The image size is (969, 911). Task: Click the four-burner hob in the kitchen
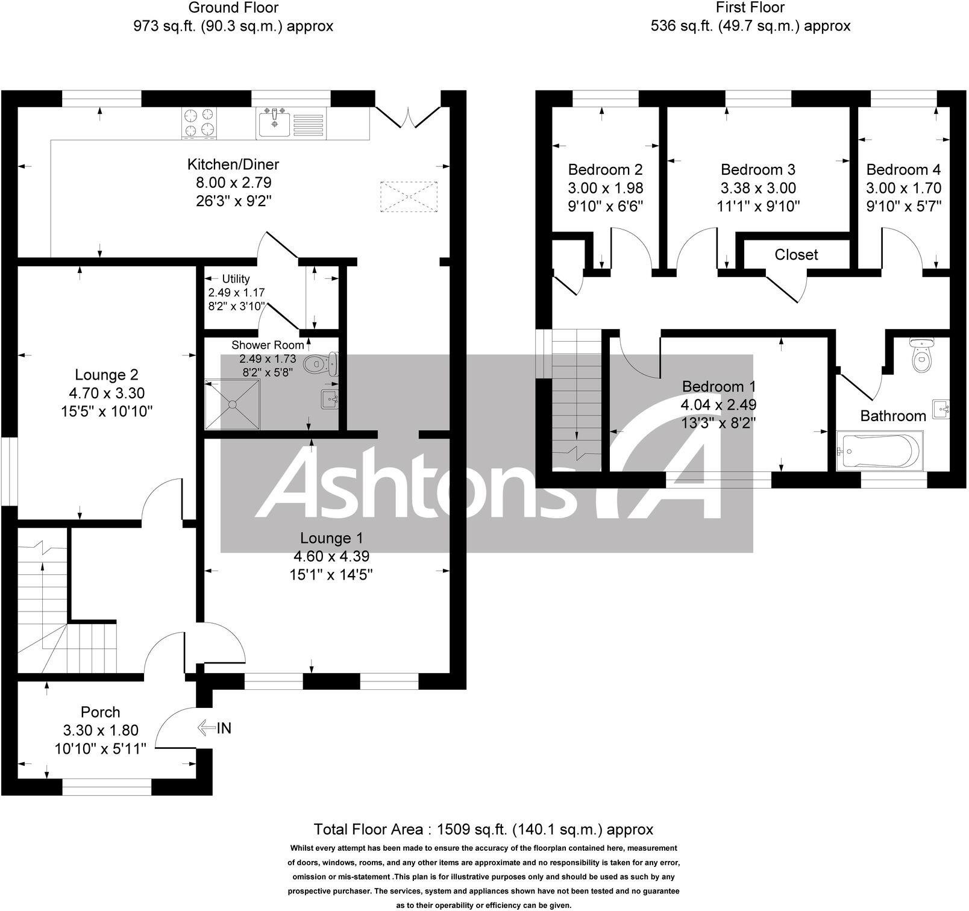tap(198, 122)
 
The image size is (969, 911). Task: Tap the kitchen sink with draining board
tap(290, 123)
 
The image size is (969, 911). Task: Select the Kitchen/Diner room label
tap(233, 164)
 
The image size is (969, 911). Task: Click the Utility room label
tap(236, 279)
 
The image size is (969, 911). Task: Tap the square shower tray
tap(232, 404)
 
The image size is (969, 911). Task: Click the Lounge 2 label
tap(106, 375)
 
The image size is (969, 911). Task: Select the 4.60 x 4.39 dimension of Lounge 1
tap(330, 557)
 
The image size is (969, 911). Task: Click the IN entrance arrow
tap(215, 728)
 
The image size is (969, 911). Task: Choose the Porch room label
tap(100, 712)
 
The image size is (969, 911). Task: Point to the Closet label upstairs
tap(796, 255)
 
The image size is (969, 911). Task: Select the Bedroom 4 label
tap(903, 170)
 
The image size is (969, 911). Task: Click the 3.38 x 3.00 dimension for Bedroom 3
tap(757, 188)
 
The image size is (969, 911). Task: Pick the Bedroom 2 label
tap(605, 170)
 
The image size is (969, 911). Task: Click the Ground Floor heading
tap(233, 8)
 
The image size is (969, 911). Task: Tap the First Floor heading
tap(750, 8)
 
